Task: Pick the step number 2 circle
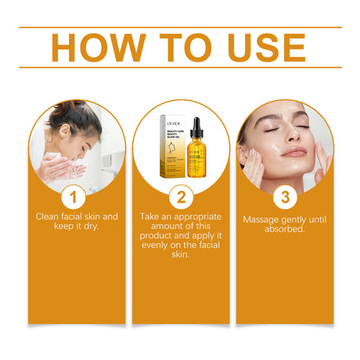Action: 180,196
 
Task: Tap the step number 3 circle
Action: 285,196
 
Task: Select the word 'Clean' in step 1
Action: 49,215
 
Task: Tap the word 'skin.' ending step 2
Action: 180,255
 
